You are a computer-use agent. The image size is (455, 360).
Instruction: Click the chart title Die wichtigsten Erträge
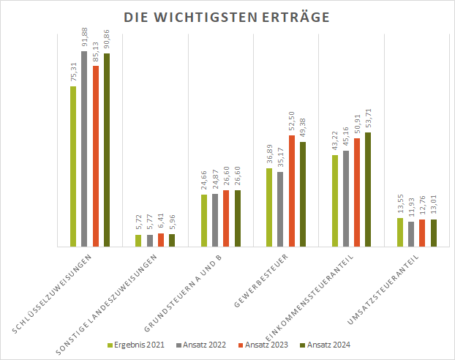click(227, 17)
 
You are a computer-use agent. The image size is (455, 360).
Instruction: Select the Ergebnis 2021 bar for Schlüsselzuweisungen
click(73, 167)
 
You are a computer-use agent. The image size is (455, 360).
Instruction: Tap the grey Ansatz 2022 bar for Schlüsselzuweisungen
click(84, 149)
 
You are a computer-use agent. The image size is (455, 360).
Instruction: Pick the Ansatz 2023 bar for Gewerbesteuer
click(292, 192)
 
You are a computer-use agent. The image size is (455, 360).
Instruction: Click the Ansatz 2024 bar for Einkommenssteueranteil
click(368, 190)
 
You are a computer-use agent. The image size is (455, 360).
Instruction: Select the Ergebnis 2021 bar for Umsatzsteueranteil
click(400, 233)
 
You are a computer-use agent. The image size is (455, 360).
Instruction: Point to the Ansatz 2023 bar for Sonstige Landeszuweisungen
click(161, 241)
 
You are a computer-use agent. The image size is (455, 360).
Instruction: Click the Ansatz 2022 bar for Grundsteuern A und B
click(215, 220)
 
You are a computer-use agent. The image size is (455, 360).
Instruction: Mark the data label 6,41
click(161, 222)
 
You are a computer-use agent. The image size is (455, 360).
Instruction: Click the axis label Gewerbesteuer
click(261, 280)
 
